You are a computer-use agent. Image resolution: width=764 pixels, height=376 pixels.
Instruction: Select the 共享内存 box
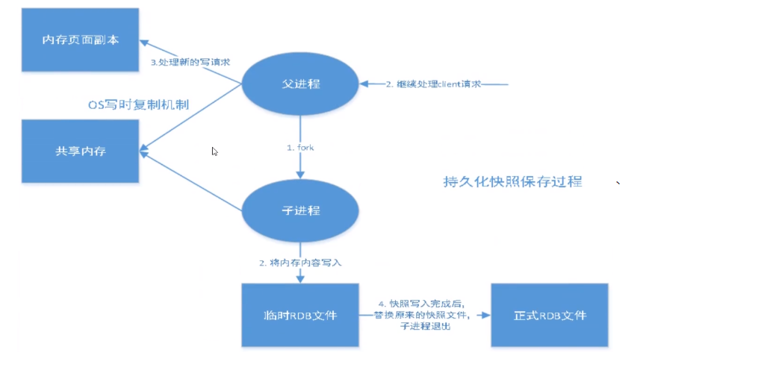click(x=80, y=151)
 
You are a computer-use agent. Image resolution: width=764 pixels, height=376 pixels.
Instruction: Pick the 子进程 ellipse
click(x=300, y=210)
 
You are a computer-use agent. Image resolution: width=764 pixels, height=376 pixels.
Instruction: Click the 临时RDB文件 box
click(x=300, y=315)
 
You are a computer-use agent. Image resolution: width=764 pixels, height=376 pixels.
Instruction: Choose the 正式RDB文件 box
click(x=550, y=315)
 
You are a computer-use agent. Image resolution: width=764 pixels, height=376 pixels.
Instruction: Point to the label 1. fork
click(x=300, y=148)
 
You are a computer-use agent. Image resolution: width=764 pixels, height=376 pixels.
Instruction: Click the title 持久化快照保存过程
click(x=512, y=181)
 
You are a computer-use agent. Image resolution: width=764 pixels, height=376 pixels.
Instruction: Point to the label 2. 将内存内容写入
click(x=300, y=263)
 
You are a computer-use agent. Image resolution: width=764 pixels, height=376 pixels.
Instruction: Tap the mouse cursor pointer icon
click(x=215, y=151)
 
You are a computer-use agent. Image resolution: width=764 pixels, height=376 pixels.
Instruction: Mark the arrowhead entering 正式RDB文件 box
click(x=486, y=316)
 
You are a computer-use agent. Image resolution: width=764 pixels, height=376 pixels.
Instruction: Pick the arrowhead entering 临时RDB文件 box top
click(x=300, y=279)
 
